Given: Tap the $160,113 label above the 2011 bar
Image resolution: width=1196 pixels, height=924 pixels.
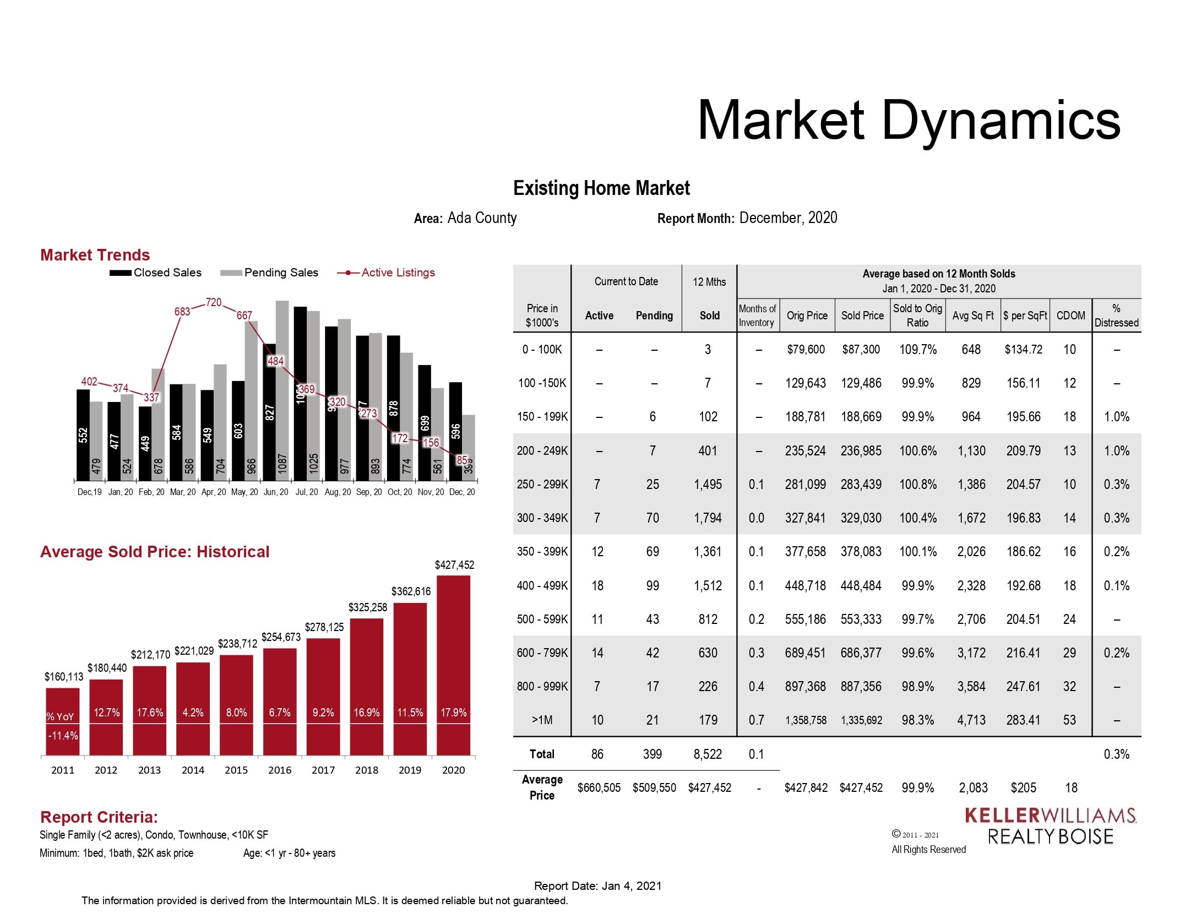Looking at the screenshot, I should point(64,677).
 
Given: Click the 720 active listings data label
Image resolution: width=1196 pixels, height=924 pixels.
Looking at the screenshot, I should point(214,302).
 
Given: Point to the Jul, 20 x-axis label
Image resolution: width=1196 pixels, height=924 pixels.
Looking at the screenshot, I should point(307,492).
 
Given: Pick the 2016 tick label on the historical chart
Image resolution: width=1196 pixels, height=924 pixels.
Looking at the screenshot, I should point(280,770).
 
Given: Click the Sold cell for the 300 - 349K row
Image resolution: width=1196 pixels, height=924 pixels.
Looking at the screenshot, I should point(708,518).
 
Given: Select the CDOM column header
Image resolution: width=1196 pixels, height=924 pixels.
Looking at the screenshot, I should point(1070,316).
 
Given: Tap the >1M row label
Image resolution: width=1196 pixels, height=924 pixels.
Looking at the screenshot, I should point(542,720).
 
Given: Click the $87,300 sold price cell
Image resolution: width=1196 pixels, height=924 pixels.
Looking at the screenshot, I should point(861,350).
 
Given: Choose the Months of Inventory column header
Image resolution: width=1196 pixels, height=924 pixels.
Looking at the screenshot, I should point(757,316).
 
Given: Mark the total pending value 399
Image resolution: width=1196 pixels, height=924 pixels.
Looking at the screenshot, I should point(653,754).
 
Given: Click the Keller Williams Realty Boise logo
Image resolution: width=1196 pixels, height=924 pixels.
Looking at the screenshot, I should point(1050,825).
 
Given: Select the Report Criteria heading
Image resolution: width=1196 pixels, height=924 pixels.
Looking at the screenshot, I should point(99,817).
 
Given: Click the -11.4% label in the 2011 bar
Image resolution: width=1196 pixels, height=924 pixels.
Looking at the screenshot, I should point(63,736).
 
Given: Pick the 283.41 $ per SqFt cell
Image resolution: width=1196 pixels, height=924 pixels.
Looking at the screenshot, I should point(1023,720).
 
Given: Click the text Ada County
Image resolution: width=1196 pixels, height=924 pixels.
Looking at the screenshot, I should point(482,218).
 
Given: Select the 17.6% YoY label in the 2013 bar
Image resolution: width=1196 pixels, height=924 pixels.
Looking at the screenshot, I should point(150,713).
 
